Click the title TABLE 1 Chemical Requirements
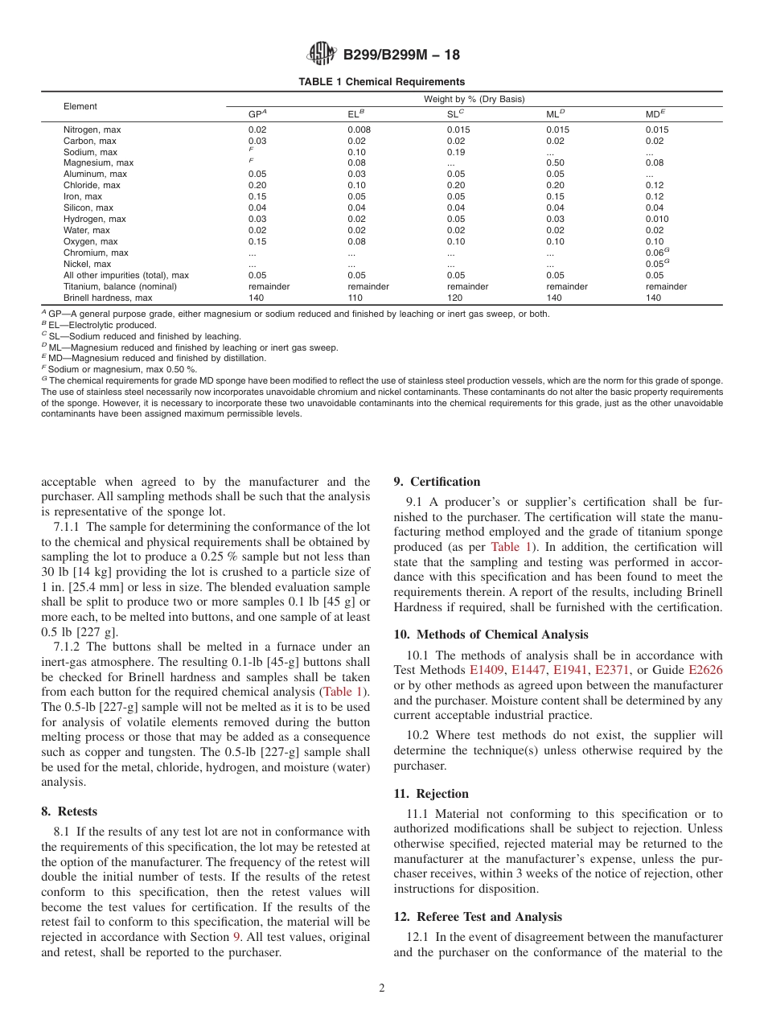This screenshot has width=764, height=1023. point(381,82)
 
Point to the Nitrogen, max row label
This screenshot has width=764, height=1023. point(92,129)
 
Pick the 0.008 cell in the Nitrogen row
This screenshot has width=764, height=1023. point(359,129)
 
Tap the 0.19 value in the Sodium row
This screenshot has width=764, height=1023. point(456,152)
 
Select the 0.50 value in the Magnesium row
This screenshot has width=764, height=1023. point(555,163)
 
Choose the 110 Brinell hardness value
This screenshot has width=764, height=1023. point(355,298)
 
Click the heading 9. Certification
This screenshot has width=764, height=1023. point(437,483)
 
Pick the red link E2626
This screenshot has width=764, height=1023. point(706,670)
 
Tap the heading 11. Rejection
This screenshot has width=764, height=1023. point(431,794)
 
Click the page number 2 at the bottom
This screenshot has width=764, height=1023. point(382,988)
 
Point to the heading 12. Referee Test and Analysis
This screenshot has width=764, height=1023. point(478,917)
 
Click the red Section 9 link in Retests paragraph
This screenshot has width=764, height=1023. point(236,937)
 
